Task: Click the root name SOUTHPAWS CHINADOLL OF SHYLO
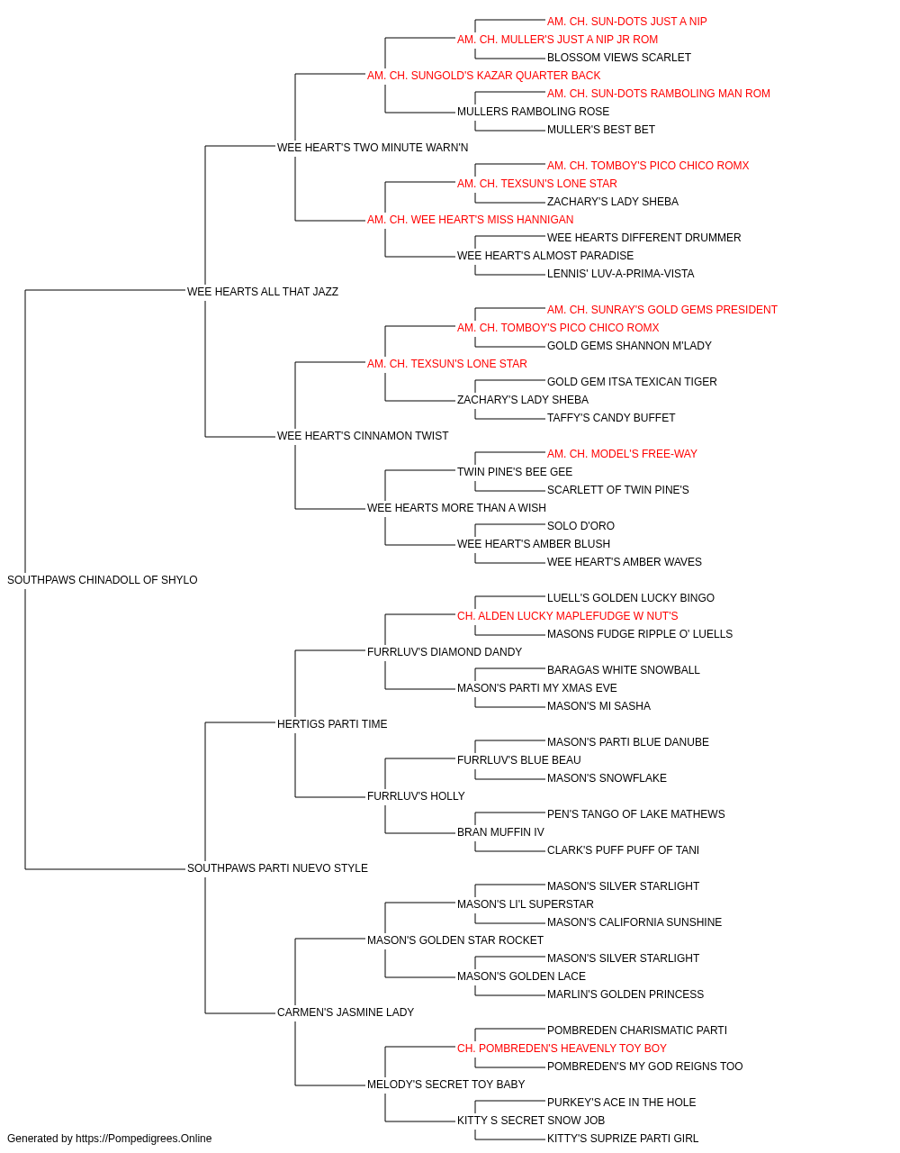[103, 580]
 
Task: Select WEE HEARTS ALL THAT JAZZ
[263, 291]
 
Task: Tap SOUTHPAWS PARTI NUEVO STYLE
[277, 868]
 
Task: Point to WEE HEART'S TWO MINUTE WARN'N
[373, 148]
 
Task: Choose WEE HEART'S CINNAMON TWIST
[363, 436]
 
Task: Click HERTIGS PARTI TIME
[332, 723]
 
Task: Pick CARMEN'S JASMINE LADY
[345, 1012]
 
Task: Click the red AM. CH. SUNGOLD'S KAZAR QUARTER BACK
[483, 76]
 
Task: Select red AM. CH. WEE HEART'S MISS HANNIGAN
[470, 220]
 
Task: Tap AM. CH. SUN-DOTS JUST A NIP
[626, 22]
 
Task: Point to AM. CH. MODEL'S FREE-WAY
[622, 454]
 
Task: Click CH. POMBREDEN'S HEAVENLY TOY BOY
[562, 1049]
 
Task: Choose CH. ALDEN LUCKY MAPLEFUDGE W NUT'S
[567, 616]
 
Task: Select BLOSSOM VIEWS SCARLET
[618, 58]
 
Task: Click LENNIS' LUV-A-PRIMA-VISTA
[620, 274]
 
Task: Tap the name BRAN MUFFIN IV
[500, 832]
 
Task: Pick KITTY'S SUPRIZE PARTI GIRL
[622, 1139]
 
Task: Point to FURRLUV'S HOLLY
[416, 796]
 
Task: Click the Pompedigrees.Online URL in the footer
[143, 1139]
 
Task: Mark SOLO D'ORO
[580, 526]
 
